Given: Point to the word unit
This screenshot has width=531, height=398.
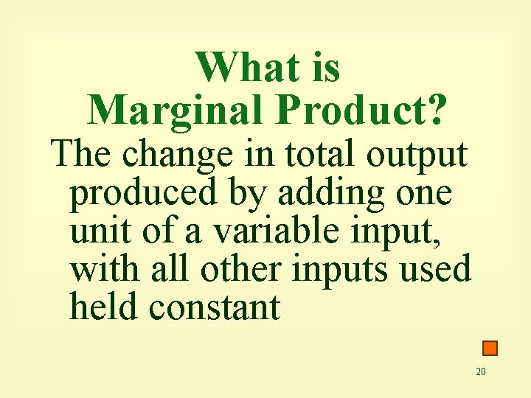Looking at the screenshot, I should pos(100,232).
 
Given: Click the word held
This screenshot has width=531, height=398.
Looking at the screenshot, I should pos(102,307).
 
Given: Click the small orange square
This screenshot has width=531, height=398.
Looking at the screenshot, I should pos(490,348).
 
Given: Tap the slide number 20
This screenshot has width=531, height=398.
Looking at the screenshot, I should pos(481,371).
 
